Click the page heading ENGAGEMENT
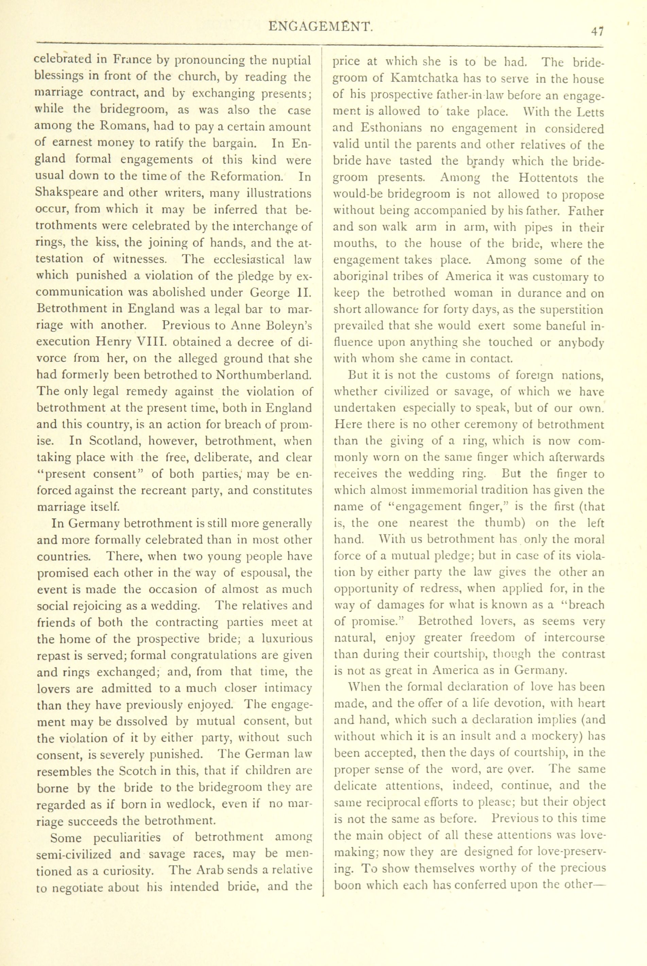(321, 27)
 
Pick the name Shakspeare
(70, 193)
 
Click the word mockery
(554, 736)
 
